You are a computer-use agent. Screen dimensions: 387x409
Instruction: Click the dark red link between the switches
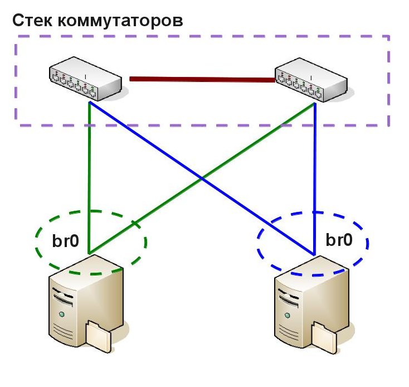[201, 79]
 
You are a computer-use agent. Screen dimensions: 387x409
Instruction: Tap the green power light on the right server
[286, 316]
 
